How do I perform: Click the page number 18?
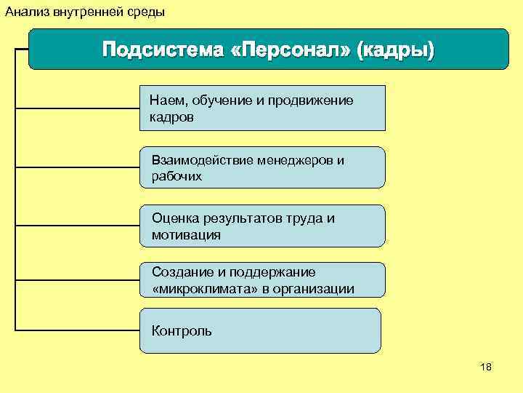(x=486, y=368)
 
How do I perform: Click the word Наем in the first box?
(x=164, y=100)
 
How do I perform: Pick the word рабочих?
(x=177, y=176)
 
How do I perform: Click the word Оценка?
(x=174, y=218)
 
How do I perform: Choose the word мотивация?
(x=186, y=235)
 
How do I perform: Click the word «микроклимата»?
(x=200, y=289)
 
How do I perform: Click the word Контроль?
(x=182, y=331)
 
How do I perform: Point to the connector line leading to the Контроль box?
(x=77, y=331)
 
